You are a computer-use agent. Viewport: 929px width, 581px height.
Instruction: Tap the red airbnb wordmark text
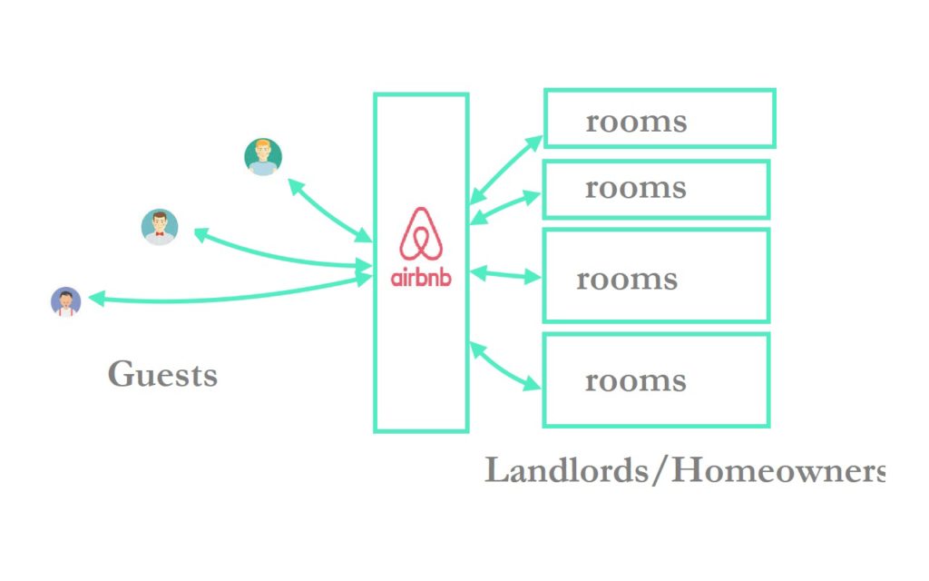pyautogui.click(x=420, y=277)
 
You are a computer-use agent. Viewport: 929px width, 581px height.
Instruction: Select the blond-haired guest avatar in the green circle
pyautogui.click(x=263, y=157)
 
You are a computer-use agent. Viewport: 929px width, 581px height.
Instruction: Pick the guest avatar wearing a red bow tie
pyautogui.click(x=160, y=227)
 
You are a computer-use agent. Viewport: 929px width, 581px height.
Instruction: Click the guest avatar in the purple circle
pyautogui.click(x=65, y=301)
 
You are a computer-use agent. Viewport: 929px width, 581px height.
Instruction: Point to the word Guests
pyautogui.click(x=162, y=374)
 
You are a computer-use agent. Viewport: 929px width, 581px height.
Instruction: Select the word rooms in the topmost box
pyautogui.click(x=636, y=122)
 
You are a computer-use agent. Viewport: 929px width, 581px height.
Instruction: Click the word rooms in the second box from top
pyautogui.click(x=635, y=188)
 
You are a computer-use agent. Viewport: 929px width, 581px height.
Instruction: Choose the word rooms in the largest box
pyautogui.click(x=627, y=279)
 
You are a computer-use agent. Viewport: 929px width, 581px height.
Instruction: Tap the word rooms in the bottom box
pyautogui.click(x=635, y=380)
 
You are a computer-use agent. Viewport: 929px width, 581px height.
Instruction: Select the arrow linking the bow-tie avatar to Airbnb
pyautogui.click(x=281, y=254)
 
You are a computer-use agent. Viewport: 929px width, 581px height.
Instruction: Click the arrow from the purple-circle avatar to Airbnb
pyautogui.click(x=227, y=296)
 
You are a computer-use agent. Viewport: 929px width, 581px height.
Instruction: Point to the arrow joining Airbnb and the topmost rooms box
pyautogui.click(x=506, y=169)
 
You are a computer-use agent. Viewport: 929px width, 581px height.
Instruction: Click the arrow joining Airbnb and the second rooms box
pyautogui.click(x=505, y=205)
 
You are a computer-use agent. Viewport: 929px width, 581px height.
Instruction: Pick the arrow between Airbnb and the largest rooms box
pyautogui.click(x=505, y=273)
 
